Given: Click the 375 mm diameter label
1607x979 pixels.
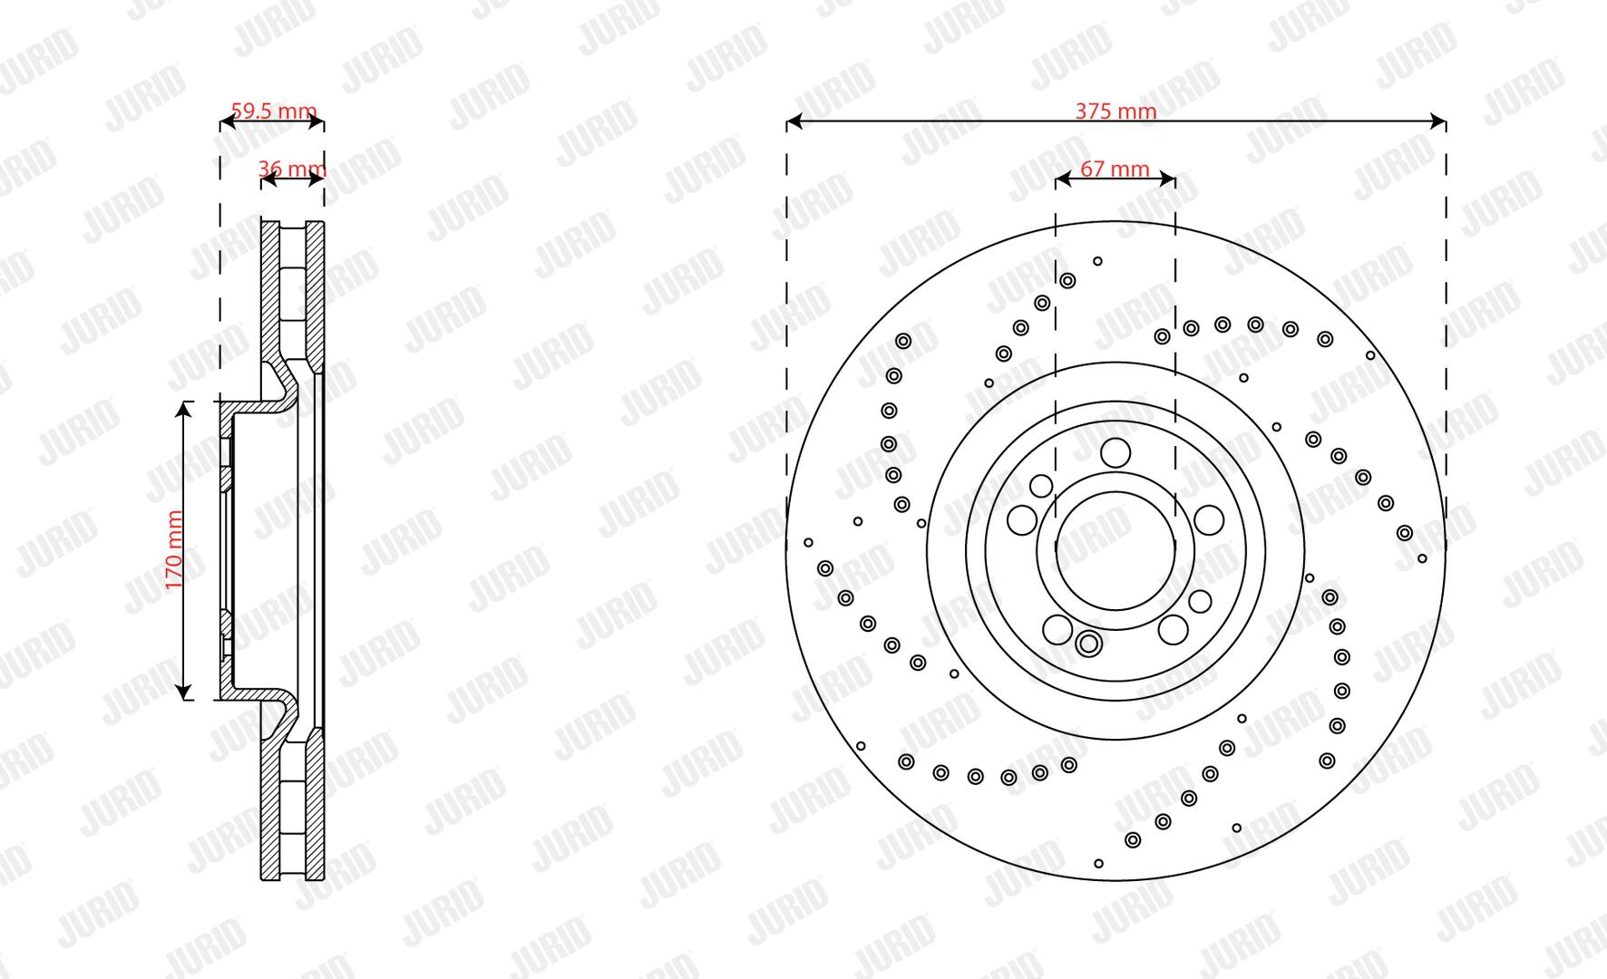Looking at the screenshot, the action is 1115,111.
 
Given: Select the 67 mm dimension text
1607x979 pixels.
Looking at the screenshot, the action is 1115,170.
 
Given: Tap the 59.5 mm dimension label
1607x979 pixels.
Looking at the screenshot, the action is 274,111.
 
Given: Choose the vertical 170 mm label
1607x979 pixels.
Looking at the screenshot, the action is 175,550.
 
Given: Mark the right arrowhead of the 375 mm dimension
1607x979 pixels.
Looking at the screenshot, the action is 1437,121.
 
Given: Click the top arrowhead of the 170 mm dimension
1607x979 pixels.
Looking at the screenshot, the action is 184,411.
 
